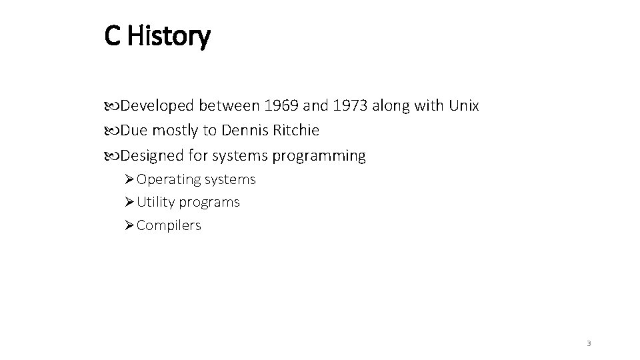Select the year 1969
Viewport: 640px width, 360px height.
point(280,106)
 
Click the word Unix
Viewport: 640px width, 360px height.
point(464,106)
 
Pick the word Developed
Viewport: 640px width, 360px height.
point(157,106)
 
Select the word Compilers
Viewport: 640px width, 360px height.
point(169,225)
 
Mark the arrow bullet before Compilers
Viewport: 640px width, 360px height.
point(129,225)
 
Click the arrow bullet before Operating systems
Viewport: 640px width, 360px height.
point(129,179)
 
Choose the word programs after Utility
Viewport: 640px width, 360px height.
point(209,202)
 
